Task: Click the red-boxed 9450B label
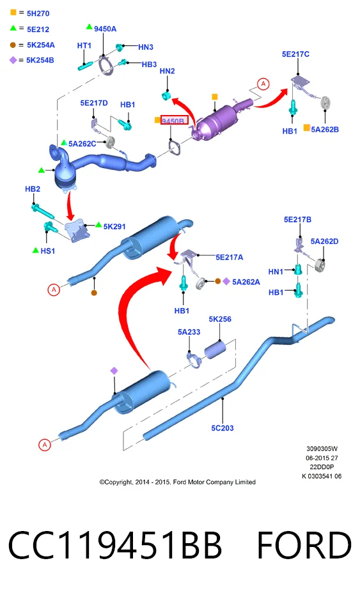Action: pyautogui.click(x=174, y=121)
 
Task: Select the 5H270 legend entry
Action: pyautogui.click(x=38, y=13)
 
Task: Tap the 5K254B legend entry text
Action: pyautogui.click(x=40, y=60)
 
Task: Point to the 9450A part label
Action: pyautogui.click(x=106, y=29)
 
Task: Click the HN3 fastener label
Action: pyautogui.click(x=146, y=47)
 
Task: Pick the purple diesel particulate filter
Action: pyautogui.click(x=221, y=118)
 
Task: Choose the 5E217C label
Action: pyautogui.click(x=295, y=54)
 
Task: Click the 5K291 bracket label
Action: pyautogui.click(x=114, y=227)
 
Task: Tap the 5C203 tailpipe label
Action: pyautogui.click(x=223, y=428)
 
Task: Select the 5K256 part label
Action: pyautogui.click(x=220, y=320)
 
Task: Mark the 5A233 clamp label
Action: pyautogui.click(x=189, y=332)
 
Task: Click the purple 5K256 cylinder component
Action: pyautogui.click(x=215, y=350)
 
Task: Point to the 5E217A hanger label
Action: pyautogui.click(x=230, y=257)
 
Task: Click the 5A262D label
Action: pyautogui.click(x=324, y=242)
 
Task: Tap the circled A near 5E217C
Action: pyautogui.click(x=263, y=84)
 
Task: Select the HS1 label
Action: pyautogui.click(x=48, y=250)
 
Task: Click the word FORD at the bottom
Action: pyautogui.click(x=304, y=545)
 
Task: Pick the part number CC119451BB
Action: pyautogui.click(x=114, y=545)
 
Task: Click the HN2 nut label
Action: pyautogui.click(x=168, y=71)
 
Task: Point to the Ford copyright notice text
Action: pyautogui.click(x=178, y=482)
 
